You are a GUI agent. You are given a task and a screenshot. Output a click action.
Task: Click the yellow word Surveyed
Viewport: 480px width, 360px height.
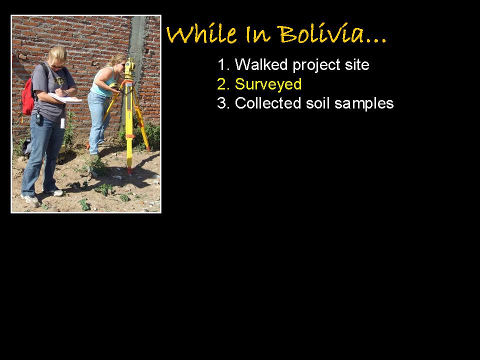pos(268,84)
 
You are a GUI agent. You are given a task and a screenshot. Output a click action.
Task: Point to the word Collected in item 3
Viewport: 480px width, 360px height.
pos(268,103)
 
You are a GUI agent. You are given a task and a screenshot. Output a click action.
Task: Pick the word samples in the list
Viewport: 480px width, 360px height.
pos(364,104)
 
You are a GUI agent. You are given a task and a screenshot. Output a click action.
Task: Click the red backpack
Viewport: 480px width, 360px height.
pos(28,96)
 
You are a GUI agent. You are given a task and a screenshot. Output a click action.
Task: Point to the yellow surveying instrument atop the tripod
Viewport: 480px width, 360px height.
pos(130,68)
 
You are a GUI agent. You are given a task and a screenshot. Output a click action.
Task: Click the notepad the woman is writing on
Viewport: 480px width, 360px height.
pos(65,98)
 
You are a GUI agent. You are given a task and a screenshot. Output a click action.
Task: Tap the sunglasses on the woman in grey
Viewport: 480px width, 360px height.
pos(57,66)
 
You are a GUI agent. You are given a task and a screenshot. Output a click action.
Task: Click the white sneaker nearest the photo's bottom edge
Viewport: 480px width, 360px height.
pos(30,200)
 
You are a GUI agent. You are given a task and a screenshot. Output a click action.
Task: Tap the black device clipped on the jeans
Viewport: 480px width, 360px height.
pos(38,118)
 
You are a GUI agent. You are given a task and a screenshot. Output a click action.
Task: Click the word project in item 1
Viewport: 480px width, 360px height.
pos(316,65)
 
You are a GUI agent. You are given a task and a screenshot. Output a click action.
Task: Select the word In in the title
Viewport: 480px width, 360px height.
pos(258,34)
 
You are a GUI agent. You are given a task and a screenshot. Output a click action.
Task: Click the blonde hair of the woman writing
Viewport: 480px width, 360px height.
pos(57,54)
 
